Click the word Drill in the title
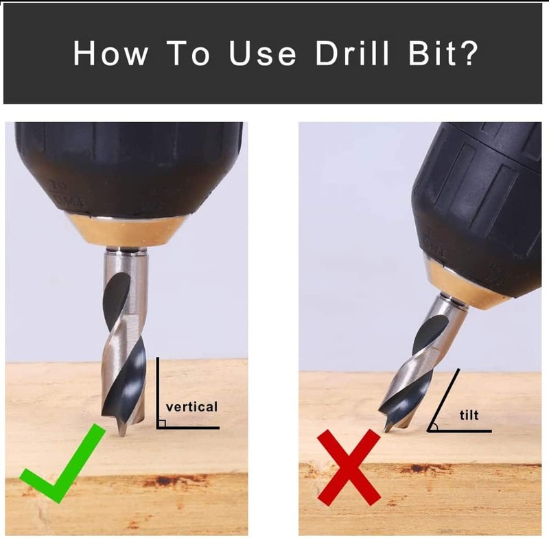[352, 53]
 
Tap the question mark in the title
[469, 53]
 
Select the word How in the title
[110, 53]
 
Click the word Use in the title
[263, 53]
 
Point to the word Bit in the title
[432, 53]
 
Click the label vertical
[191, 407]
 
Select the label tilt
[469, 414]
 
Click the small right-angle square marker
[161, 423]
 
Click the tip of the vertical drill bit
[122, 435]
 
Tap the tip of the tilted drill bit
[386, 431]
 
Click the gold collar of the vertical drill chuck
[126, 231]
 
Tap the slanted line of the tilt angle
[443, 399]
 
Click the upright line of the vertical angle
[158, 393]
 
